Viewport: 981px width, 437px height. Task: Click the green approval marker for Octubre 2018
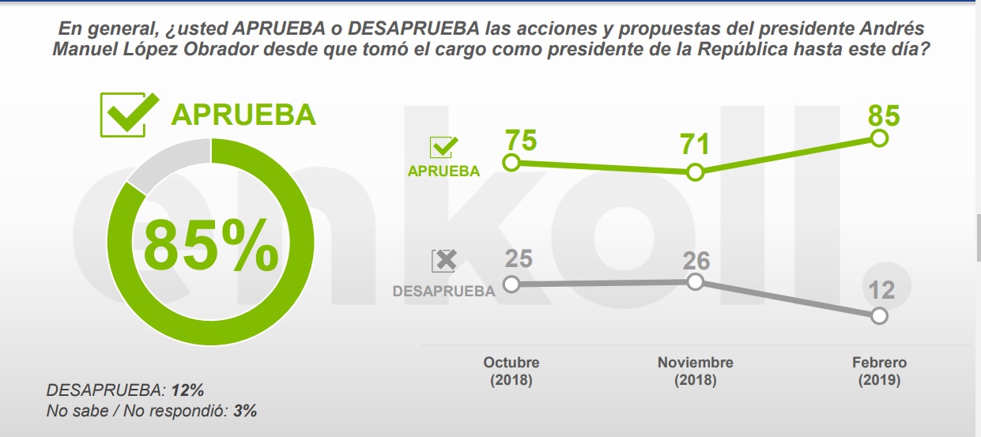[511, 164]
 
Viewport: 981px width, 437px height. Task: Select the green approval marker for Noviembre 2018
[695, 172]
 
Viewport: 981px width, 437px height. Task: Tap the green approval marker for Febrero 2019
[879, 138]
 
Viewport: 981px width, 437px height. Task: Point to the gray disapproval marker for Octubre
[511, 284]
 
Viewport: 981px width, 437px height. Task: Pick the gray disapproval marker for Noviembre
[695, 281]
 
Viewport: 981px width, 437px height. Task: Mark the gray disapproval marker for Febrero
[879, 316]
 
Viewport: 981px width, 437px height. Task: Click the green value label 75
[521, 140]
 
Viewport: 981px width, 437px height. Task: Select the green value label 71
[694, 145]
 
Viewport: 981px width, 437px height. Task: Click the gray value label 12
[881, 289]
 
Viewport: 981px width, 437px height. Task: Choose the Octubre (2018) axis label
[511, 371]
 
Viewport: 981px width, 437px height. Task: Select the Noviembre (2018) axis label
[695, 371]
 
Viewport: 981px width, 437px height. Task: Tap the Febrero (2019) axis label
[879, 371]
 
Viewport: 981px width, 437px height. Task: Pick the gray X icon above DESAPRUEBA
[444, 262]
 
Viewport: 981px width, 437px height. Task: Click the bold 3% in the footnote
[245, 411]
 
